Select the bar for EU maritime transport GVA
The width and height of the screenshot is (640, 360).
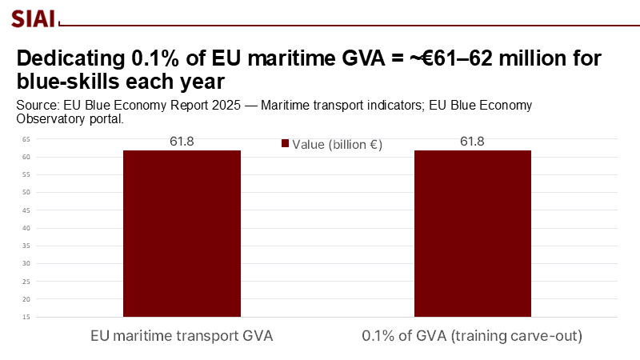[182, 233]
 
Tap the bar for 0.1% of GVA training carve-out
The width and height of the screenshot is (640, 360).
[472, 233]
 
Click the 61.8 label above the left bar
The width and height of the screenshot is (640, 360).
[182, 142]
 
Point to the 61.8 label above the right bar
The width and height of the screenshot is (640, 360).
[472, 142]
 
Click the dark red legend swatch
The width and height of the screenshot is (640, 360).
[285, 144]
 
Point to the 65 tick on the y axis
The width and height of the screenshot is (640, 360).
[26, 139]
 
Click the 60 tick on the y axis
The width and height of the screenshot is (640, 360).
[26, 157]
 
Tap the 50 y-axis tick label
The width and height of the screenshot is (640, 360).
[26, 192]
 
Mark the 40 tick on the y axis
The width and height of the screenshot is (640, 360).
[26, 228]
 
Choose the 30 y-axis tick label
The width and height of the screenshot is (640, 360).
[26, 263]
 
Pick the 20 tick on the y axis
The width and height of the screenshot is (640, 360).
[26, 299]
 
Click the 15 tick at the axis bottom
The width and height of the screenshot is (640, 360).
[26, 317]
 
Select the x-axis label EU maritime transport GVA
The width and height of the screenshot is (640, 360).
[182, 336]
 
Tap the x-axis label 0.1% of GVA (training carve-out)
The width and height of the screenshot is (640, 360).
[472, 336]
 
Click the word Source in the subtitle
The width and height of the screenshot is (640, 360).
[37, 106]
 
